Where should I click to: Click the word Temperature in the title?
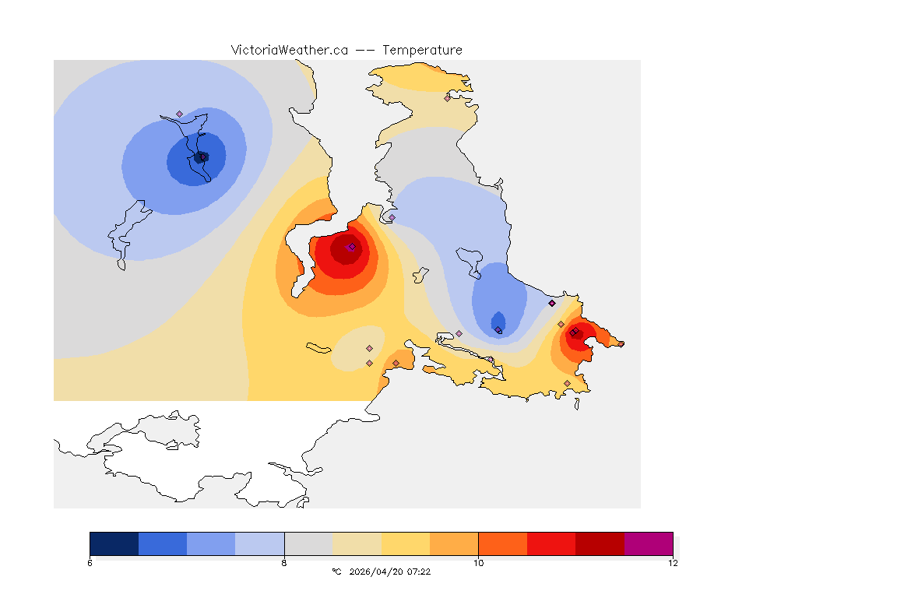pos(422,50)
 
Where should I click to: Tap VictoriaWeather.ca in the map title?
pos(289,50)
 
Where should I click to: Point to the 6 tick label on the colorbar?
pos(90,563)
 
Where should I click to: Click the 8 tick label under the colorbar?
pos(284,563)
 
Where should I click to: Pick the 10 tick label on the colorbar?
pos(478,563)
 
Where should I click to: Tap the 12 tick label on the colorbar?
pos(673,563)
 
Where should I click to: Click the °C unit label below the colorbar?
pos(336,572)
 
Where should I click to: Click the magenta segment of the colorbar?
pos(649,543)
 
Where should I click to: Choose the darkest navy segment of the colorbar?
pos(114,543)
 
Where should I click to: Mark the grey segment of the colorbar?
pos(308,543)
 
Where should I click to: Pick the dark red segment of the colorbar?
pos(600,543)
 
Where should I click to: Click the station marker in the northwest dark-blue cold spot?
pos(203,157)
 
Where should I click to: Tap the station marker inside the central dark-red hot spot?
pos(352,247)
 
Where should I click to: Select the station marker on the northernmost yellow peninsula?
pos(447,98)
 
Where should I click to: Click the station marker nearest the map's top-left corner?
pos(179,114)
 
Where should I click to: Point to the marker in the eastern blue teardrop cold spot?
pos(498,329)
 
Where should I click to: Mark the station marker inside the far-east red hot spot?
pos(573,332)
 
